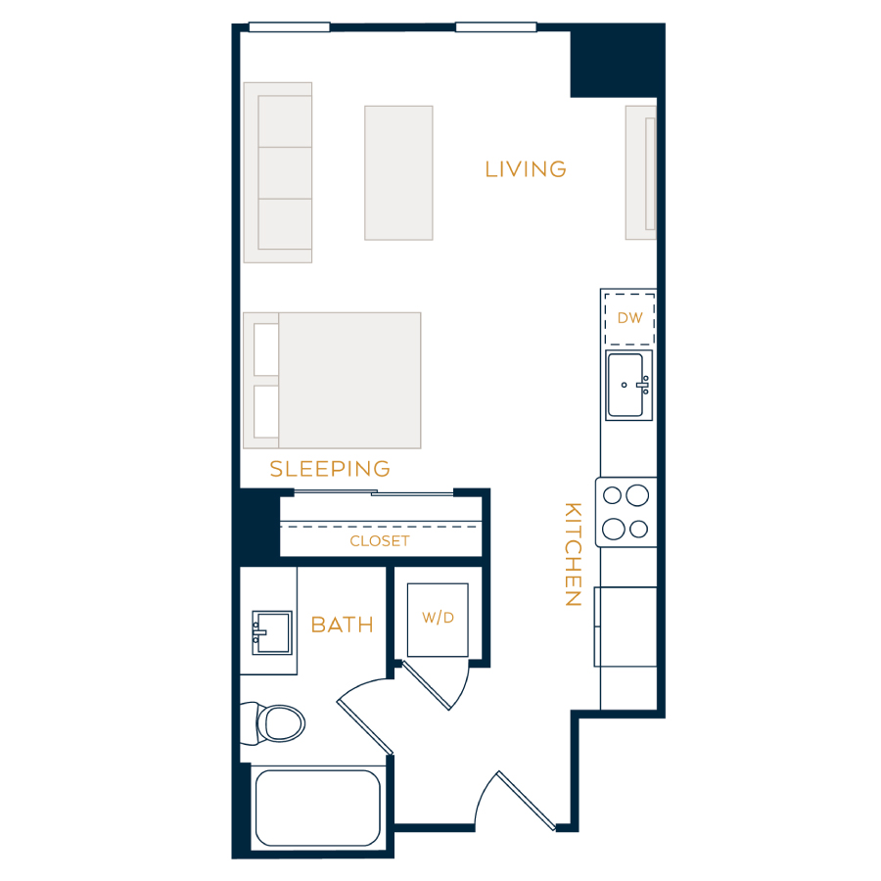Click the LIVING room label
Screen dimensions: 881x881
click(526, 169)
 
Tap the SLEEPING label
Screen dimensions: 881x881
click(330, 469)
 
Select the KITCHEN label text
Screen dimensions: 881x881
click(573, 554)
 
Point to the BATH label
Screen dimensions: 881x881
click(343, 625)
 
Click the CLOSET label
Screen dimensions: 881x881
click(380, 541)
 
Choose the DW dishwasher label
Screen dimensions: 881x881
click(629, 318)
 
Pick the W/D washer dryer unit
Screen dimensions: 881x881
click(438, 620)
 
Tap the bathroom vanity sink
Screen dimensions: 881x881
click(272, 632)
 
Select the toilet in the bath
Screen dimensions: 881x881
click(273, 723)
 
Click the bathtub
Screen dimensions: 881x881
click(318, 808)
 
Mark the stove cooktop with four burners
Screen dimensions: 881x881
click(626, 512)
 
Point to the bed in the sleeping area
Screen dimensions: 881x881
click(332, 381)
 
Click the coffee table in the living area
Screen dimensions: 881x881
click(398, 173)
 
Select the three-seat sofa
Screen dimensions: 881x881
click(278, 172)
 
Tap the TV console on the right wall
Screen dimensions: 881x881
click(640, 172)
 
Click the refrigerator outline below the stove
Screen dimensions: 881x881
click(626, 627)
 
